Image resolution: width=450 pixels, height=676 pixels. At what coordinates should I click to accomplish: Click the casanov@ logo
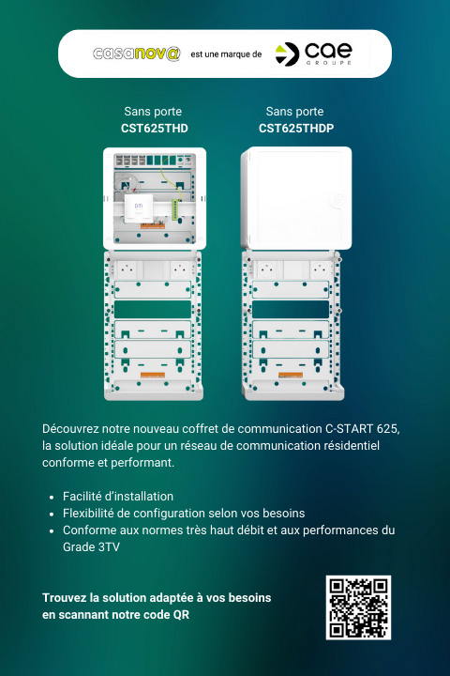point(137,54)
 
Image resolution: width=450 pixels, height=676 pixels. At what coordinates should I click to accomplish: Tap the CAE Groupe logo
point(313,54)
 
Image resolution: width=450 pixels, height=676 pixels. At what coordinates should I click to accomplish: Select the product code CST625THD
point(155,128)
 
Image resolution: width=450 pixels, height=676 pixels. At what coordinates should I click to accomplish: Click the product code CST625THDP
point(296,128)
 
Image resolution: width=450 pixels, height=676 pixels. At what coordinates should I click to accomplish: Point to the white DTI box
point(139,207)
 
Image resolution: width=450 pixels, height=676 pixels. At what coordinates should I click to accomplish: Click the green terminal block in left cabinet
point(175,209)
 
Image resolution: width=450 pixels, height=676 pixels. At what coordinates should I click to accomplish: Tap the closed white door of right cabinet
point(296,198)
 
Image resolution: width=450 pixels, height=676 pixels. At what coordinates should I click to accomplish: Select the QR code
point(358,607)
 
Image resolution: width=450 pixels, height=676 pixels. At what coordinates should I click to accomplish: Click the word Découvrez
point(64,429)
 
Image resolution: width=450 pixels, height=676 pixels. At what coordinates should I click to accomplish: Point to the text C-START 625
point(361,429)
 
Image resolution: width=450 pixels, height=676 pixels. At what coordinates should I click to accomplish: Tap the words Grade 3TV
point(91,546)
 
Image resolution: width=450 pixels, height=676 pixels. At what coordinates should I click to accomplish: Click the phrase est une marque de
point(226,54)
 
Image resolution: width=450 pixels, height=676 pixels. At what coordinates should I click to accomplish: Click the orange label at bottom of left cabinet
point(153,375)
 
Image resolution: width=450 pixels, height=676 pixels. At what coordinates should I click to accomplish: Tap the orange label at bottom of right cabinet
point(291,375)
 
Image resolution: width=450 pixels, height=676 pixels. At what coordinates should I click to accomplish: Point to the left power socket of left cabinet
point(127,269)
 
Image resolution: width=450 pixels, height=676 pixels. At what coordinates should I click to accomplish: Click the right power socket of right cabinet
point(320,269)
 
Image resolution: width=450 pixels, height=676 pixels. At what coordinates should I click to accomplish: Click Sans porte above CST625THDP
point(294,111)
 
